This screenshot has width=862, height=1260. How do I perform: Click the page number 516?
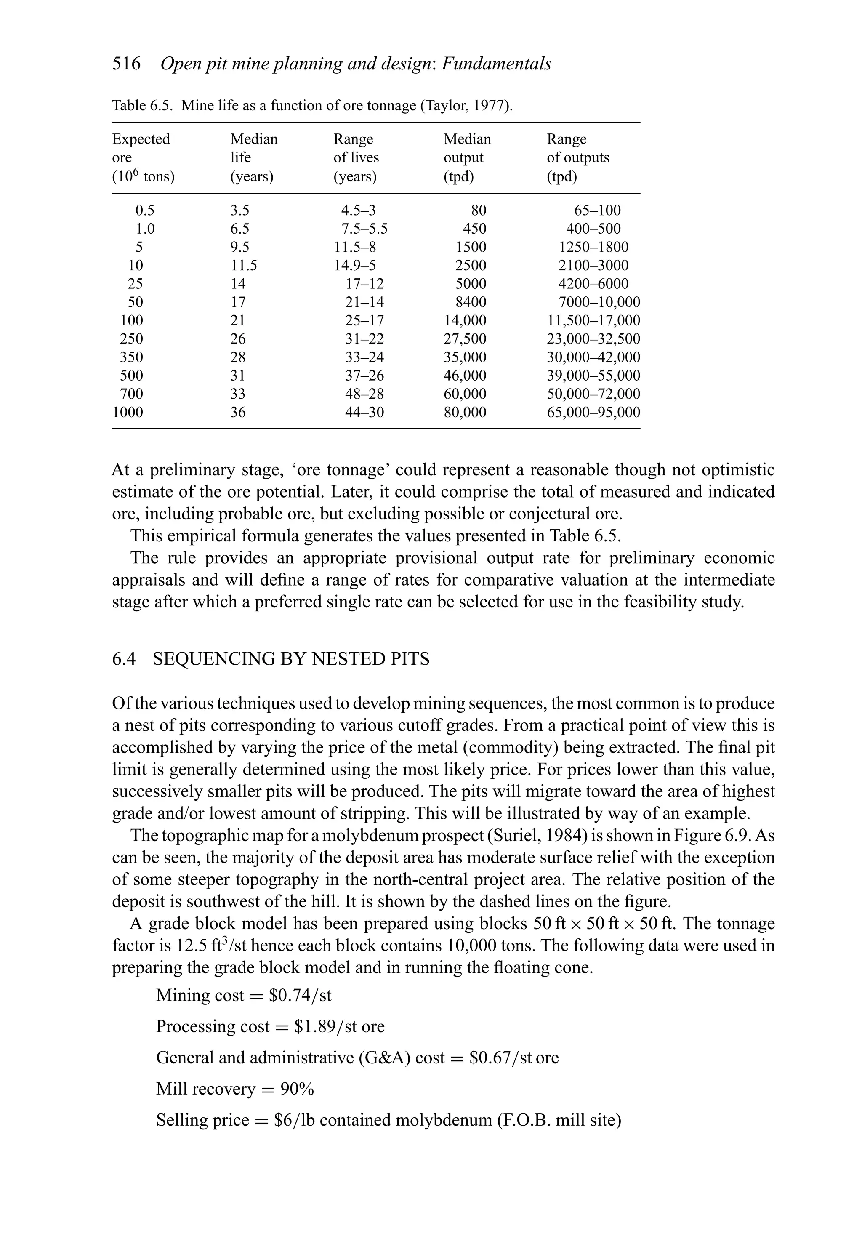coord(126,64)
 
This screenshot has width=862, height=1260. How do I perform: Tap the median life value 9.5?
coord(239,247)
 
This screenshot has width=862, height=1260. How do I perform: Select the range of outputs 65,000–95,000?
coord(593,412)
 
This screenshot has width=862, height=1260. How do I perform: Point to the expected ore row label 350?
coord(131,357)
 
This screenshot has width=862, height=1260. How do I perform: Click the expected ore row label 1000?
coord(128,412)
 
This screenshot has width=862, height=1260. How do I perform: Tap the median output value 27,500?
coord(465,339)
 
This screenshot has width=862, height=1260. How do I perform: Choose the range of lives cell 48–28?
coord(364,394)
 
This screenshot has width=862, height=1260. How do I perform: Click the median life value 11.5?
coord(243,266)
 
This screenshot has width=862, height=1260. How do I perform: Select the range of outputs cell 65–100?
coord(597,210)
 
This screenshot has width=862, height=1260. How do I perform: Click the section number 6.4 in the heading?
coord(124,659)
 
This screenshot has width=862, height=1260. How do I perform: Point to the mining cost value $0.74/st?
coord(303,996)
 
